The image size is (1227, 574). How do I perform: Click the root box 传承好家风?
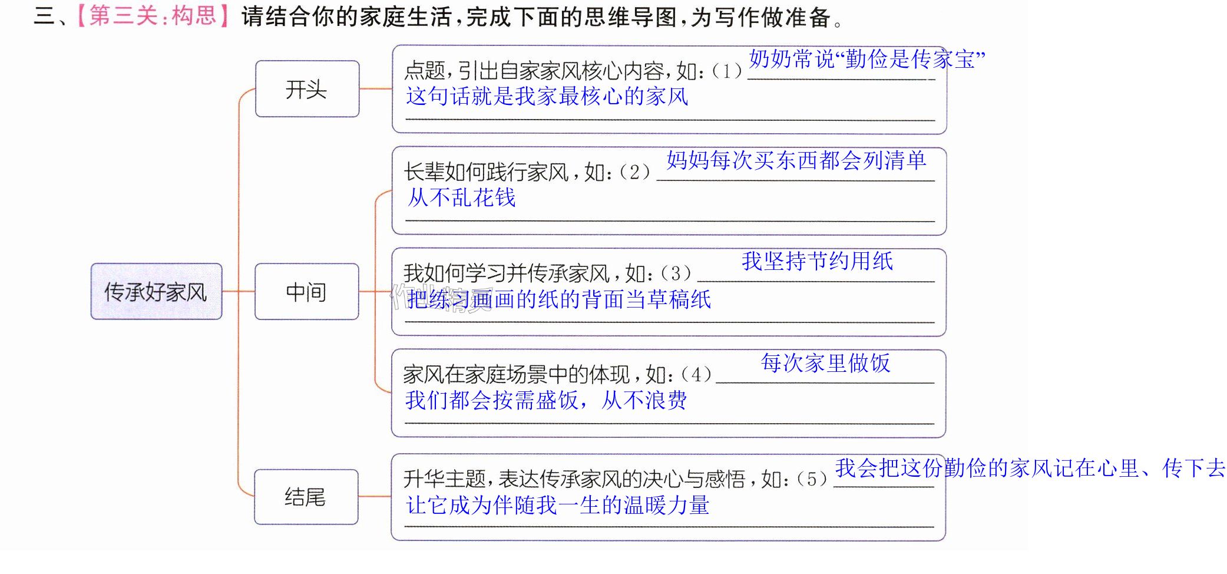click(x=156, y=291)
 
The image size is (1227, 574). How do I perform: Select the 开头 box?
click(x=307, y=89)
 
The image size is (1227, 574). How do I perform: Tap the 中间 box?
click(x=306, y=291)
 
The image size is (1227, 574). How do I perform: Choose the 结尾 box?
click(x=306, y=497)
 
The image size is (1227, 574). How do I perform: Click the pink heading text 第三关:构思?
click(x=153, y=16)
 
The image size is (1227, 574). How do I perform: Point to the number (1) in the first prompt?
click(x=726, y=71)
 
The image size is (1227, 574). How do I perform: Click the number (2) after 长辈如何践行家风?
click(x=634, y=172)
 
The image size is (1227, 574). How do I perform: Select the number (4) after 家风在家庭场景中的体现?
click(x=696, y=374)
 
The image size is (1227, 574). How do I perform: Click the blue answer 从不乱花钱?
click(x=461, y=197)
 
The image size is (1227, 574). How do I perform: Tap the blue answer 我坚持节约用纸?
click(x=817, y=261)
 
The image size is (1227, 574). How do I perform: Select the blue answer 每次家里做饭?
click(x=825, y=362)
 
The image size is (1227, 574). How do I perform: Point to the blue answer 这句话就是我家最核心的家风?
click(x=547, y=96)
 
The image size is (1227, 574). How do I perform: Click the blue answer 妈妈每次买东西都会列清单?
click(x=796, y=160)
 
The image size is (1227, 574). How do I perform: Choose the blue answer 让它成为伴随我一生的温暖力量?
click(x=557, y=505)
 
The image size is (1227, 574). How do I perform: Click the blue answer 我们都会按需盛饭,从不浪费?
click(x=545, y=400)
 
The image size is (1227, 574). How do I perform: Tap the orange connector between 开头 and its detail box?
click(x=376, y=89)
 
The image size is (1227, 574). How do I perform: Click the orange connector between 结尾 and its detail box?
click(x=375, y=497)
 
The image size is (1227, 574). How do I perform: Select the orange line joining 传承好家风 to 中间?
click(x=239, y=291)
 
